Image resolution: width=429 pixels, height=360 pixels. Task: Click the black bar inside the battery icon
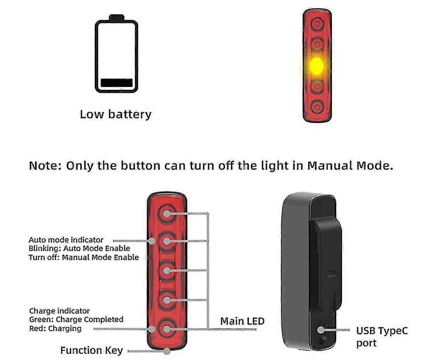pyautogui.click(x=116, y=83)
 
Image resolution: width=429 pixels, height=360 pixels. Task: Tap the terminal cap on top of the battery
pyautogui.click(x=116, y=17)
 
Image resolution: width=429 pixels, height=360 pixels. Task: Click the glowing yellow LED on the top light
pyautogui.click(x=317, y=66)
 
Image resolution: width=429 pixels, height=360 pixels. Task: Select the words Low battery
pyautogui.click(x=115, y=114)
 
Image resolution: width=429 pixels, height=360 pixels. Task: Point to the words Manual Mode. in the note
pyautogui.click(x=350, y=165)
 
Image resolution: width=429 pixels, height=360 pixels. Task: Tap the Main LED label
pyautogui.click(x=242, y=321)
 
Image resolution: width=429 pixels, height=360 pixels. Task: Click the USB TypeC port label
pyautogui.click(x=382, y=336)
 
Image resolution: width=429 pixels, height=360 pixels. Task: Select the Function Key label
pyautogui.click(x=91, y=350)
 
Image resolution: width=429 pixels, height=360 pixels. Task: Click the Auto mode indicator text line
pyautogui.click(x=66, y=240)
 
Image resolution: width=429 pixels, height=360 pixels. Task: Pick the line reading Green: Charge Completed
pyautogui.click(x=76, y=319)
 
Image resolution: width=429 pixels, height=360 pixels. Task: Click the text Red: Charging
pyautogui.click(x=55, y=328)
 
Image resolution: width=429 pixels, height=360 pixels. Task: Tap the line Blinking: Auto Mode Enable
pyautogui.click(x=79, y=248)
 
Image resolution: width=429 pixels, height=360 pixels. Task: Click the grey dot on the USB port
pyautogui.click(x=321, y=330)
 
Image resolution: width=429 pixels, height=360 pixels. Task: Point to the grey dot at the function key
pyautogui.click(x=167, y=351)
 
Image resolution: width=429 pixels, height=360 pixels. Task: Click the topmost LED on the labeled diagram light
pyautogui.click(x=167, y=214)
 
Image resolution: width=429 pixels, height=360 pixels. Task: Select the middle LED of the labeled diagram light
pyautogui.click(x=167, y=271)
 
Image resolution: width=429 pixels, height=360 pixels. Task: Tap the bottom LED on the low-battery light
pyautogui.click(x=317, y=107)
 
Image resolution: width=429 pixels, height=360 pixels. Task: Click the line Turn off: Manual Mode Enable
pyautogui.click(x=84, y=257)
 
